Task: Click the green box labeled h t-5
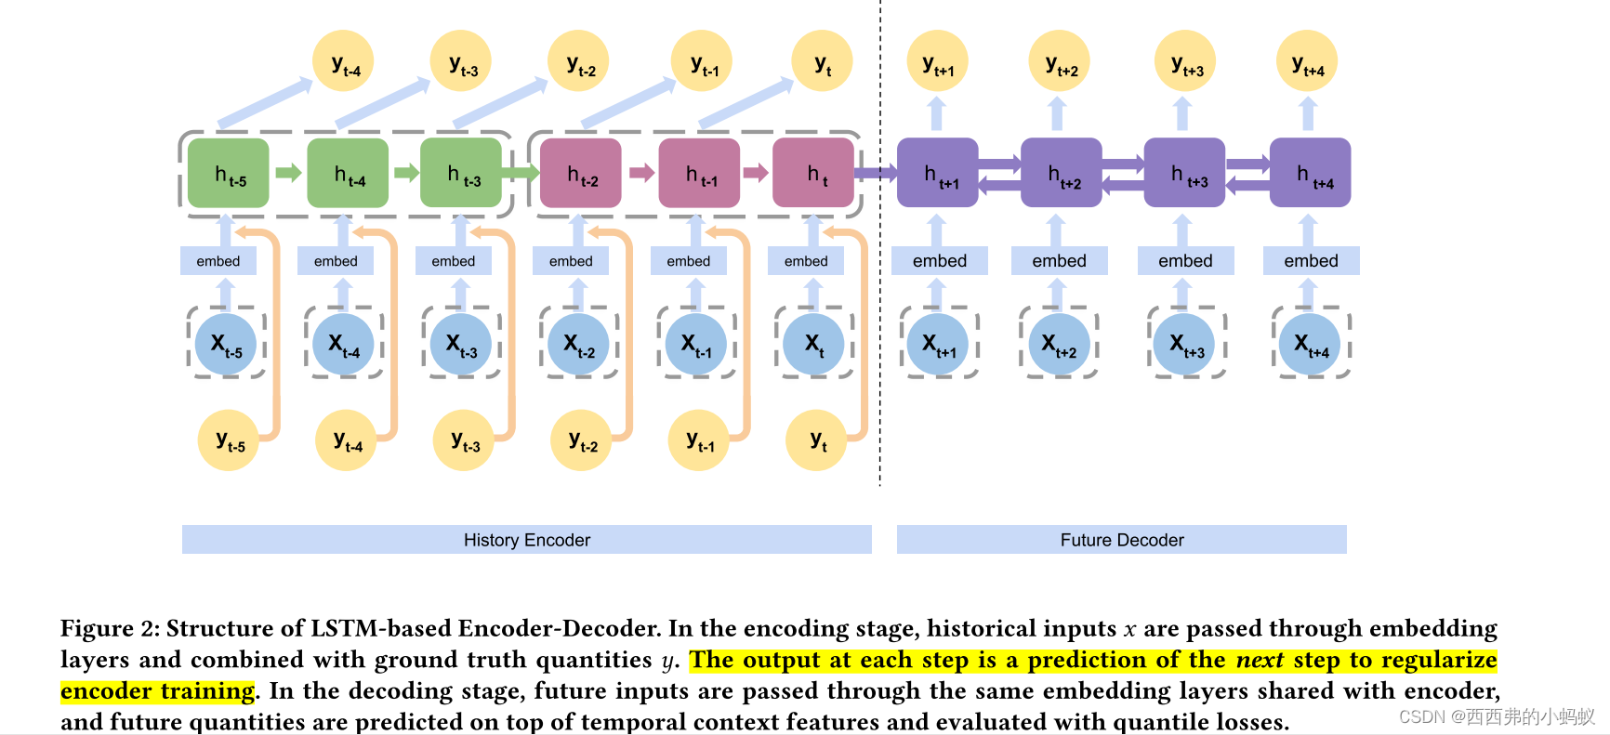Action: click(x=229, y=174)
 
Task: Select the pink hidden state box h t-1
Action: click(x=699, y=174)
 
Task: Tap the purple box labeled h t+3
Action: click(x=1184, y=174)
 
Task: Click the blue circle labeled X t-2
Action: click(x=578, y=344)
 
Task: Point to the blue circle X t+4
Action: click(x=1310, y=344)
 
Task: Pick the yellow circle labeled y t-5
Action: click(x=229, y=440)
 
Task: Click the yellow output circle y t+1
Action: click(x=938, y=62)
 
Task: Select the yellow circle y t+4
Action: click(x=1308, y=62)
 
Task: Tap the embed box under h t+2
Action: click(x=1059, y=261)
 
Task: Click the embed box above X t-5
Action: click(x=218, y=261)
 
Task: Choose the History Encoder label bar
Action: click(x=526, y=540)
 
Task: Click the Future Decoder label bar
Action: click(x=1121, y=540)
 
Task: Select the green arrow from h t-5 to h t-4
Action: click(x=288, y=172)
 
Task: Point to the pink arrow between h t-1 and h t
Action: click(x=756, y=172)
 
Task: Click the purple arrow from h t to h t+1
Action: click(x=875, y=172)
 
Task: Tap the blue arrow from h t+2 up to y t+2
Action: click(x=1057, y=114)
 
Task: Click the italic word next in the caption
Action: click(x=1260, y=660)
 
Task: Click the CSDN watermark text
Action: click(x=1497, y=716)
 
